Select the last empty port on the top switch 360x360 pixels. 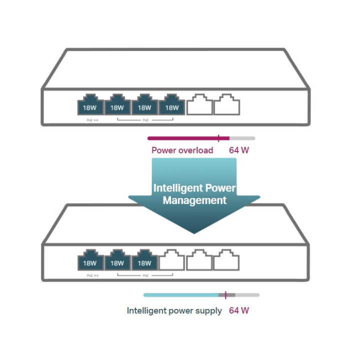(226, 105)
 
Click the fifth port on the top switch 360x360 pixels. (199, 105)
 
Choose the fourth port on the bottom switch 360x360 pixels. (172, 260)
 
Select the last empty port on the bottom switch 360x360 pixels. (226, 260)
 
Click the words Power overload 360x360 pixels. (182, 150)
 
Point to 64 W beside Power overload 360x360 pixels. (239, 150)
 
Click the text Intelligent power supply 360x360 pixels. (174, 310)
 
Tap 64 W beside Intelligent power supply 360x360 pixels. (239, 310)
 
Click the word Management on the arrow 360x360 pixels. (194, 200)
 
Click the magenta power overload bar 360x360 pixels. (185, 138)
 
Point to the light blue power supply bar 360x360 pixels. (180, 295)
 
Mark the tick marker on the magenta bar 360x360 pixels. (218, 138)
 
